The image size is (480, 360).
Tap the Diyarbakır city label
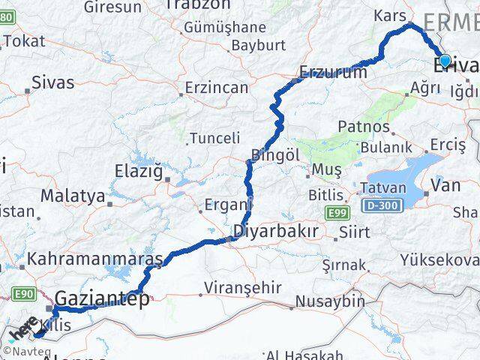(x=276, y=231)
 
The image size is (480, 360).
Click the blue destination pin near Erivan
(x=445, y=60)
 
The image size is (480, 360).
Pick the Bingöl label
(x=275, y=154)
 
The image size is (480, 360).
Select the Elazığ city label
(x=138, y=171)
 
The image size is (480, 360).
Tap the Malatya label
(x=73, y=196)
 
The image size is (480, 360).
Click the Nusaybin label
(x=326, y=301)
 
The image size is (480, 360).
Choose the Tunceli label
(x=215, y=138)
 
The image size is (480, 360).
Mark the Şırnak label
(x=344, y=265)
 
